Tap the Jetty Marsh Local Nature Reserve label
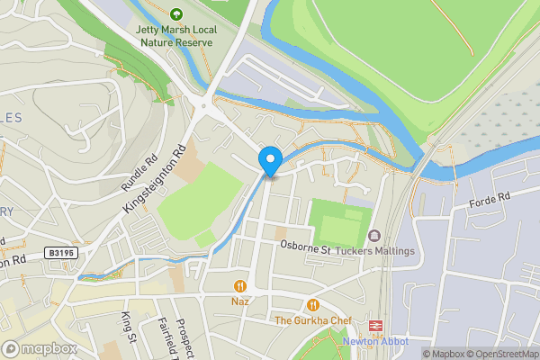point(175,35)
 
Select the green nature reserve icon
point(175,14)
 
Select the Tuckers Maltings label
point(375,250)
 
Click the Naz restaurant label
point(240,301)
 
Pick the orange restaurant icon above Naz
point(240,286)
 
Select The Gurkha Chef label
point(311,320)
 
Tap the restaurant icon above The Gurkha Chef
point(312,305)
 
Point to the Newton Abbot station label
point(375,341)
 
